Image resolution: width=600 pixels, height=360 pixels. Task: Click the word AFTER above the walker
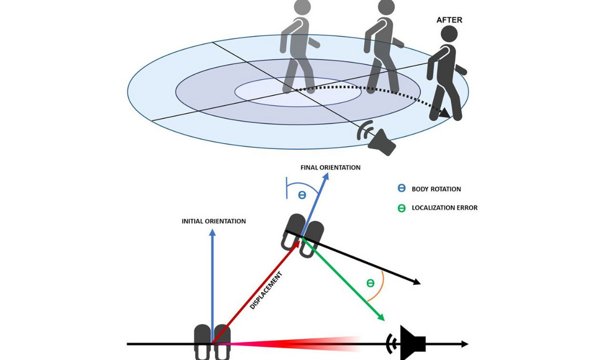[449, 20]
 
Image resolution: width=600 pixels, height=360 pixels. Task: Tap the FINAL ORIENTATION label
[330, 167]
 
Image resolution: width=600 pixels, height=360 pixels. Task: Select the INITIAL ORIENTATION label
[214, 221]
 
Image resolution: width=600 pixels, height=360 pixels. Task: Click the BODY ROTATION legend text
[436, 189]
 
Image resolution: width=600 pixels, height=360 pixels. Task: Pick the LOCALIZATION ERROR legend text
[444, 208]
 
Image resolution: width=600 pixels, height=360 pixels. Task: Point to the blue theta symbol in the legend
[401, 188]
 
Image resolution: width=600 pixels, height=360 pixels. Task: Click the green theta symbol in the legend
[401, 208]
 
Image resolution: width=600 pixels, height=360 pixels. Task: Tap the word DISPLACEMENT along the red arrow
[266, 290]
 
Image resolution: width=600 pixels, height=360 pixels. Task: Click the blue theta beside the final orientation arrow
[302, 194]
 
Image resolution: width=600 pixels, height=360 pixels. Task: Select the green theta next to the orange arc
[370, 283]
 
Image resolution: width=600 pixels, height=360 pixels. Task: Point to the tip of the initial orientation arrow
[212, 229]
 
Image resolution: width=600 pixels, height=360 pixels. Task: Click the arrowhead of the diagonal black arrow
[417, 282]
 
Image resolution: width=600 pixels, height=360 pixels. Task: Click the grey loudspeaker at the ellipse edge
[376, 138]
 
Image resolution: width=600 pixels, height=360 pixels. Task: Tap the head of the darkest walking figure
[449, 34]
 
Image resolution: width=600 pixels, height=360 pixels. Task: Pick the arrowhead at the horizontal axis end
[465, 344]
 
